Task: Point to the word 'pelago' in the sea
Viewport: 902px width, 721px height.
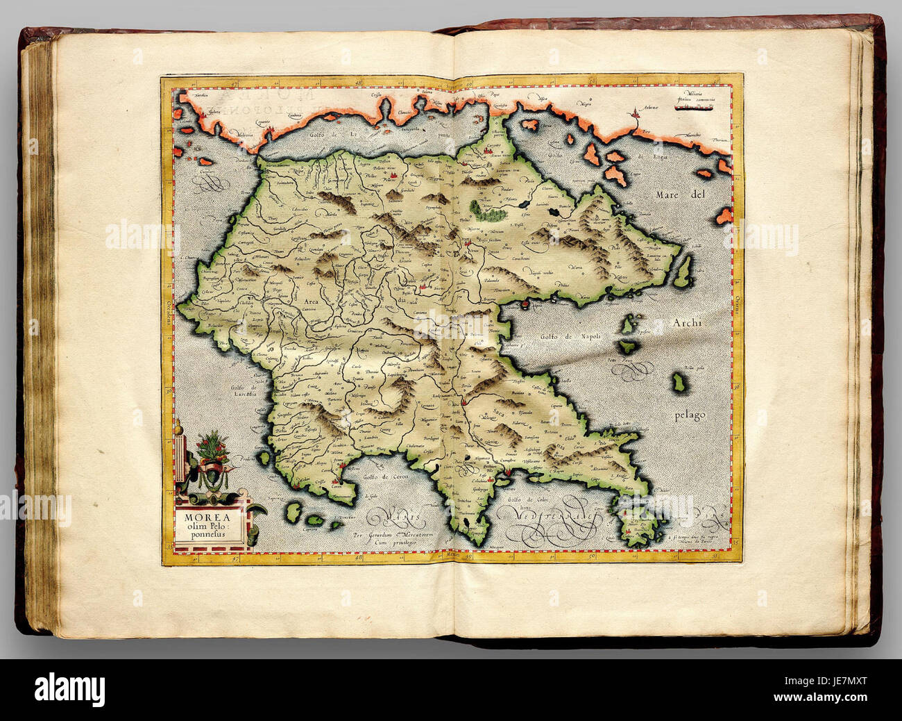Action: pos(689,415)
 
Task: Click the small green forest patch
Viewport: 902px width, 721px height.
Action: pos(477,206)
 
